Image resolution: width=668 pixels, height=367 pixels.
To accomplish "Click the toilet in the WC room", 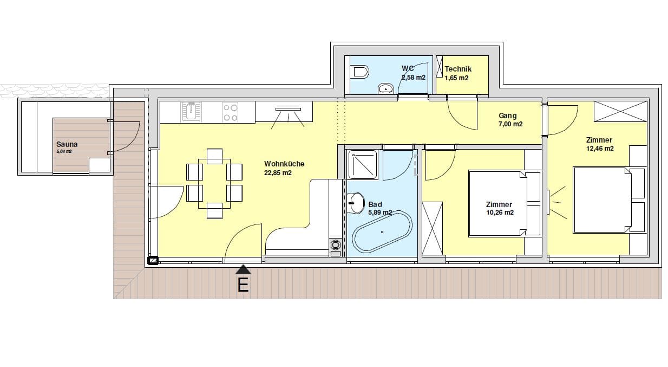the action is [361, 72].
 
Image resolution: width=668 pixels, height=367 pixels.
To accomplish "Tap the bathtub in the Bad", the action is [382, 232].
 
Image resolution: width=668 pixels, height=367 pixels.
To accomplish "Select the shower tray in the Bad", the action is [363, 165].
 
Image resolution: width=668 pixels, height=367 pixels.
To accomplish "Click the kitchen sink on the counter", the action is [191, 112].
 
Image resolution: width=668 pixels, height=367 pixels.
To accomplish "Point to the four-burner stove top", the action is [231, 112].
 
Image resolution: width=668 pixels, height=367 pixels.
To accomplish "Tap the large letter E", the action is [243, 285].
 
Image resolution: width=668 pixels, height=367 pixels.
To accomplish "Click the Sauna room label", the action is [67, 144].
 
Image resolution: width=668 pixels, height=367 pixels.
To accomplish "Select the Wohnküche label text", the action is [284, 164].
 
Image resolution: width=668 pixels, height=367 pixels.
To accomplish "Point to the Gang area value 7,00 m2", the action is [510, 124].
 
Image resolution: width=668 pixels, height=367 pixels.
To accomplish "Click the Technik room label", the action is [458, 69].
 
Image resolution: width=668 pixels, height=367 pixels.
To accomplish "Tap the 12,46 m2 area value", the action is [600, 149].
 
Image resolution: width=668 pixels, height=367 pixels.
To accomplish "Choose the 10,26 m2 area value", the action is [500, 213].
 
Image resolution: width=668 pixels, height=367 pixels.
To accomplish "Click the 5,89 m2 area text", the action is [380, 213].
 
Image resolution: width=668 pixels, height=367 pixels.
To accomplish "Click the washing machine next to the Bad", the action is [336, 248].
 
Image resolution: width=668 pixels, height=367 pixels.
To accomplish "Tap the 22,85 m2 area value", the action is [278, 172].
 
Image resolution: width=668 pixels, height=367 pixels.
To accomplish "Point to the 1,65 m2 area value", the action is [456, 78].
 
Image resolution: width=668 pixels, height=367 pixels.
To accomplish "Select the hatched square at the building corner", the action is [153, 261].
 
